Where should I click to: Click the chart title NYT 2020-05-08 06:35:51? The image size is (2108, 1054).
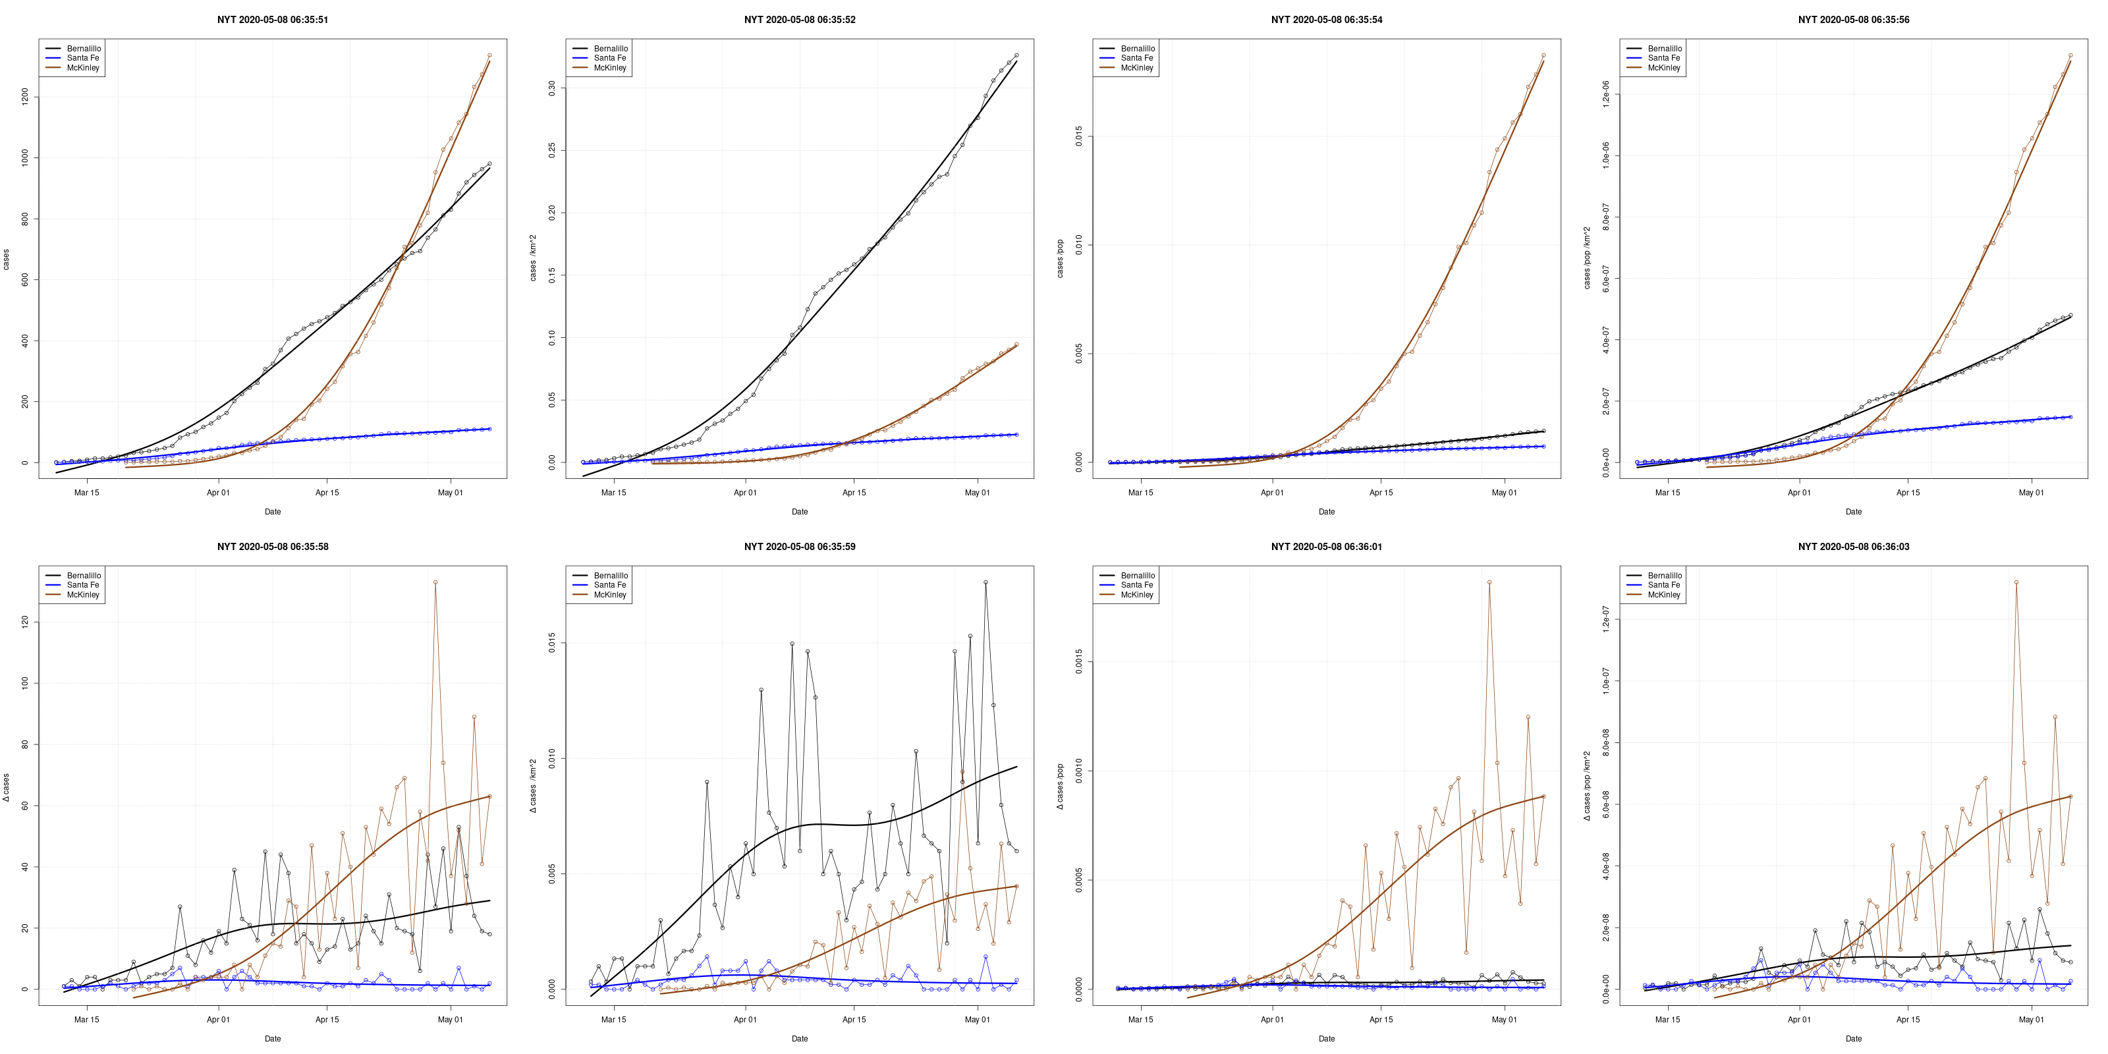coord(273,20)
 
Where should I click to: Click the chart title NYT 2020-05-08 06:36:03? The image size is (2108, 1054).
coord(1854,547)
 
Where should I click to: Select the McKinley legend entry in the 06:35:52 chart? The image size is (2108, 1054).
coord(609,68)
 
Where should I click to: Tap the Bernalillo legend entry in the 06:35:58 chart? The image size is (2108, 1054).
coord(84,575)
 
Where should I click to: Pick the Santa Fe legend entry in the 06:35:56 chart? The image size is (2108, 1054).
coord(1663,58)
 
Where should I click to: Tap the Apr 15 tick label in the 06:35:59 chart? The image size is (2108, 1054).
coord(854,1020)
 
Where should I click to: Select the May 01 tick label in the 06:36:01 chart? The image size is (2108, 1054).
coord(1504,1020)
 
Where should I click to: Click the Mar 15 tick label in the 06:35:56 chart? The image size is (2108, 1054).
coord(1668,493)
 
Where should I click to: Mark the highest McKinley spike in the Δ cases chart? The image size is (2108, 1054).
coord(435,582)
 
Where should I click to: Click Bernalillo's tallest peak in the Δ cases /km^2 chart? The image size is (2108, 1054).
coord(985,582)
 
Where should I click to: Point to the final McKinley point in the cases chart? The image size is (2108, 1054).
coord(489,55)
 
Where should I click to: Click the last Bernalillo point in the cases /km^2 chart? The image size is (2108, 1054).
coord(1016,55)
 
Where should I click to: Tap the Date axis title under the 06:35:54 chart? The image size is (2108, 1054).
coord(1327,511)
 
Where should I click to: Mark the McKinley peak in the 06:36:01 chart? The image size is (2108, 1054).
coord(1489,582)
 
